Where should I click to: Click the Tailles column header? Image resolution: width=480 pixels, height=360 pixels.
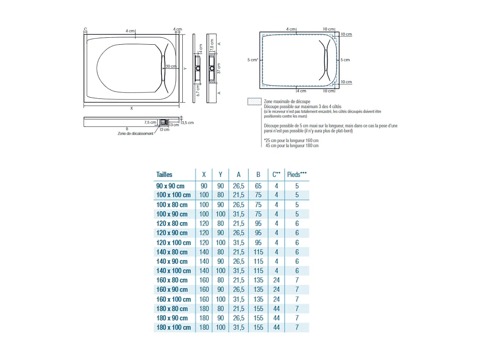point(164,174)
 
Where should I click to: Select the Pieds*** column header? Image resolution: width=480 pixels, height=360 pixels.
point(297,174)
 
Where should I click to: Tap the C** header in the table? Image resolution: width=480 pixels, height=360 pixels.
point(276,174)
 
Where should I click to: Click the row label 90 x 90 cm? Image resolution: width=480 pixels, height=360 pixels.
point(170,186)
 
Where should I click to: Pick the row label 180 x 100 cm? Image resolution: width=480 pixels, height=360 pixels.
point(174,327)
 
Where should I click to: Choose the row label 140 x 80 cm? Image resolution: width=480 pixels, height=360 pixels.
point(172,252)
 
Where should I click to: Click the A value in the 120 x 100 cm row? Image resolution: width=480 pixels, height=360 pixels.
point(239,242)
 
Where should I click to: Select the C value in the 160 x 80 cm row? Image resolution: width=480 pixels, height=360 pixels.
point(276,280)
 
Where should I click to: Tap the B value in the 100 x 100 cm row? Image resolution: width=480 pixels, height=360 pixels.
point(258,195)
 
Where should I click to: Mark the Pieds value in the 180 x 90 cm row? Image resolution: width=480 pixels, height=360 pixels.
point(297,318)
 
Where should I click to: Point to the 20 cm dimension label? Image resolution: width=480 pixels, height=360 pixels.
point(171,66)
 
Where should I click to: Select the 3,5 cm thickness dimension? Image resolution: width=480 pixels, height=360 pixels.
point(188,122)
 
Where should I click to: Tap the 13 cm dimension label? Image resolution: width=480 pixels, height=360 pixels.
point(174,125)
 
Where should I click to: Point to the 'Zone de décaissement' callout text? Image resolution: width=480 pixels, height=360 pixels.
point(135,134)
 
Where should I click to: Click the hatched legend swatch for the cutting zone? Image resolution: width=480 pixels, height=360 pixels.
point(254,101)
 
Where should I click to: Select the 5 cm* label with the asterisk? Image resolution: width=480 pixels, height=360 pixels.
point(253,60)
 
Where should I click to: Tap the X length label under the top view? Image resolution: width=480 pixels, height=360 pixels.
point(131,109)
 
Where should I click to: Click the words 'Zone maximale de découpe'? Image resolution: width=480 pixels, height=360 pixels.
point(287,101)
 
